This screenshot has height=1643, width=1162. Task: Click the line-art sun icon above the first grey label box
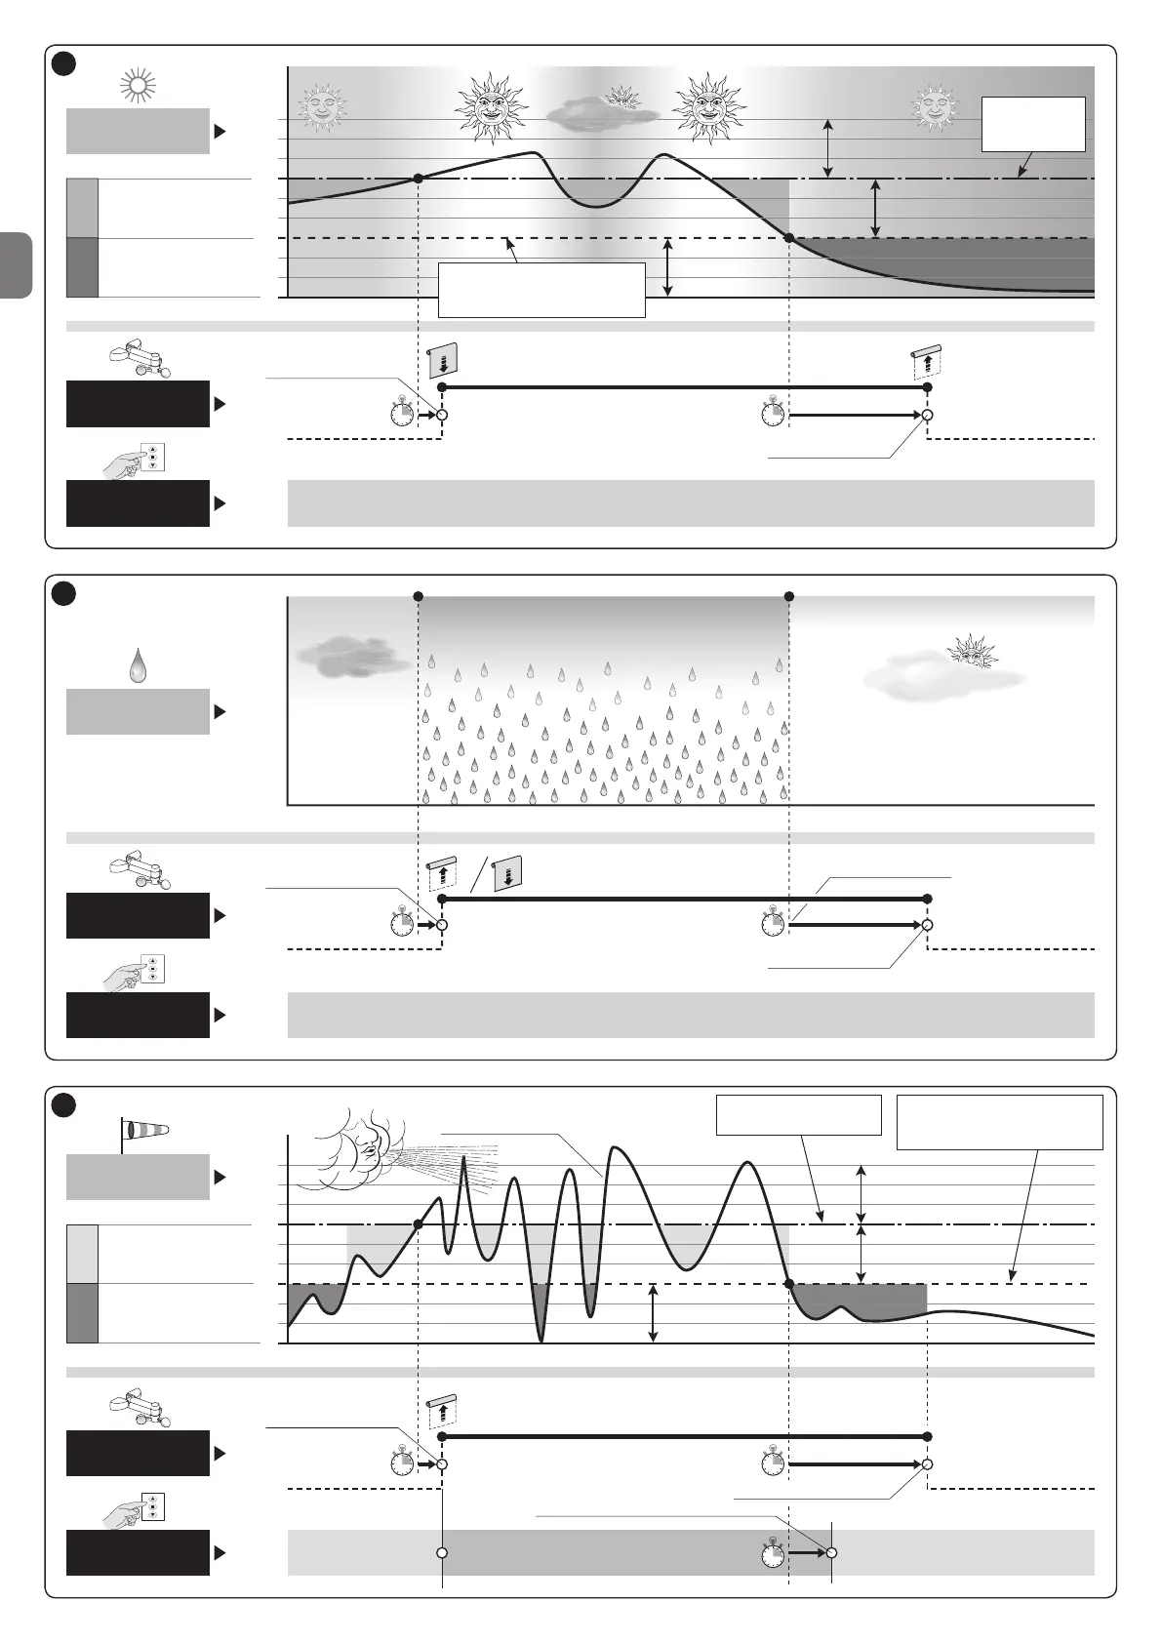point(138,87)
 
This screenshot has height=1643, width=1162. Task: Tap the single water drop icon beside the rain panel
point(139,666)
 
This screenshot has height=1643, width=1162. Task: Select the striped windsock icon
point(144,1130)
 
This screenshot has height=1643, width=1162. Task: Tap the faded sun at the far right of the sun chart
point(935,106)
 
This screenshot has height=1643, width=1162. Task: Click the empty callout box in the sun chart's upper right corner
point(1033,124)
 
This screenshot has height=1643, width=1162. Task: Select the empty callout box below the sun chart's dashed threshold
point(541,289)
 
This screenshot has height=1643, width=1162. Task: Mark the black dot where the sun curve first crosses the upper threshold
point(419,179)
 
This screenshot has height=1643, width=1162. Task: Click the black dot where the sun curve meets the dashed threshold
point(789,238)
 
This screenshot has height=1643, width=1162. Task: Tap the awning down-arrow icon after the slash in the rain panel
point(506,873)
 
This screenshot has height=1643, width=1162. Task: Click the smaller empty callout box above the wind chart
point(798,1114)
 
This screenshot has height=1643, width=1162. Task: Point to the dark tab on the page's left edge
point(17,264)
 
